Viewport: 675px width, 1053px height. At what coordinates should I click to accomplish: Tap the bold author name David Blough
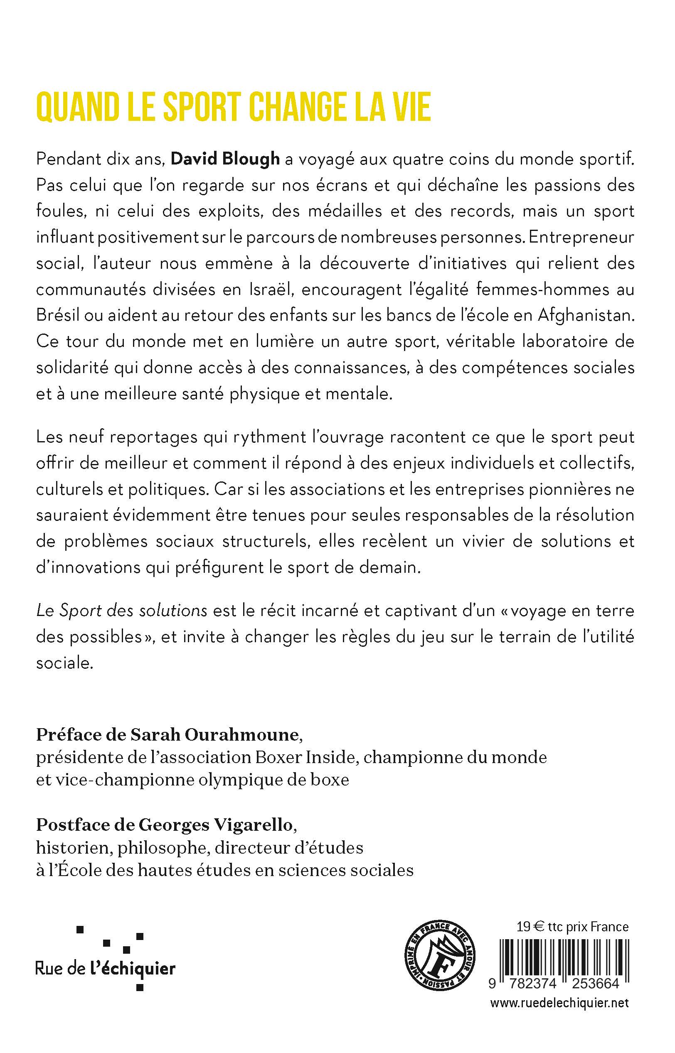coord(225,159)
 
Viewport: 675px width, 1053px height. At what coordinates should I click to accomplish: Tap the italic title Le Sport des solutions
coord(121,611)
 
